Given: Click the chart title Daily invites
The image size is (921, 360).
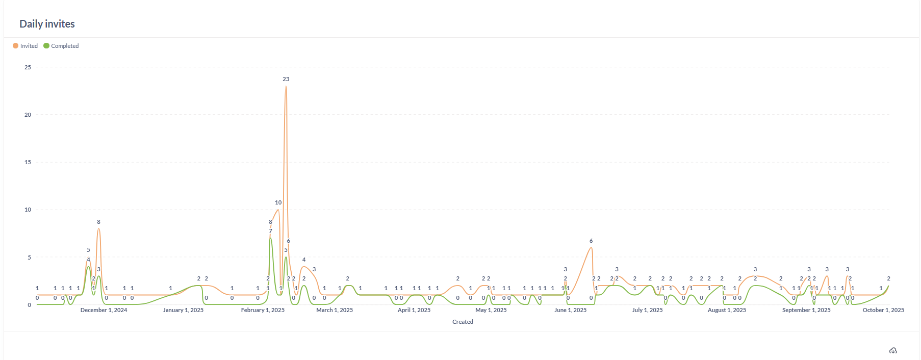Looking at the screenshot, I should [47, 24].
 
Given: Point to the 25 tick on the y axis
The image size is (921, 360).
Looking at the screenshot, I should [28, 67].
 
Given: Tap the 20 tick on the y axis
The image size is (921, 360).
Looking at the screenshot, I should [28, 115].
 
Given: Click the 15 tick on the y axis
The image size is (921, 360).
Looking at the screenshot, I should [28, 162].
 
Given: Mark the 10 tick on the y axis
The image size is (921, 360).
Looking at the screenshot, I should [28, 210].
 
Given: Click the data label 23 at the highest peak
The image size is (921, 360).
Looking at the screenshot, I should [286, 79].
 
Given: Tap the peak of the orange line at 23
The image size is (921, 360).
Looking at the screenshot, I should [286, 86].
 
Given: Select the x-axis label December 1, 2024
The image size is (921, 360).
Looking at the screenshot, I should [104, 310].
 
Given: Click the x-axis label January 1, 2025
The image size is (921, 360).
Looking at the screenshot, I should [183, 310].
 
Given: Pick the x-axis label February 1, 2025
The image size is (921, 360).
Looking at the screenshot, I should [263, 310].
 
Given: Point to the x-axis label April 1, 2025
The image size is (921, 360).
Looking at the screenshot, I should [414, 310].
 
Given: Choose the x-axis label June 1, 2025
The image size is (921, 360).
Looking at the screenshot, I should [570, 310].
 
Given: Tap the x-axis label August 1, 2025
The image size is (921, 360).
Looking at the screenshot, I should [727, 310].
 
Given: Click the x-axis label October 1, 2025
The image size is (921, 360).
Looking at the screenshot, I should [883, 310].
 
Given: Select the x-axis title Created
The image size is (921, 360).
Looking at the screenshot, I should [463, 322].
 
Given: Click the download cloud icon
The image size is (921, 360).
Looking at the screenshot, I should [893, 350].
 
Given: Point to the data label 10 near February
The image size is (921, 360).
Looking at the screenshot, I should [278, 202].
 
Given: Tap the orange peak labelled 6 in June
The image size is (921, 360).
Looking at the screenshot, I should [591, 248].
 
